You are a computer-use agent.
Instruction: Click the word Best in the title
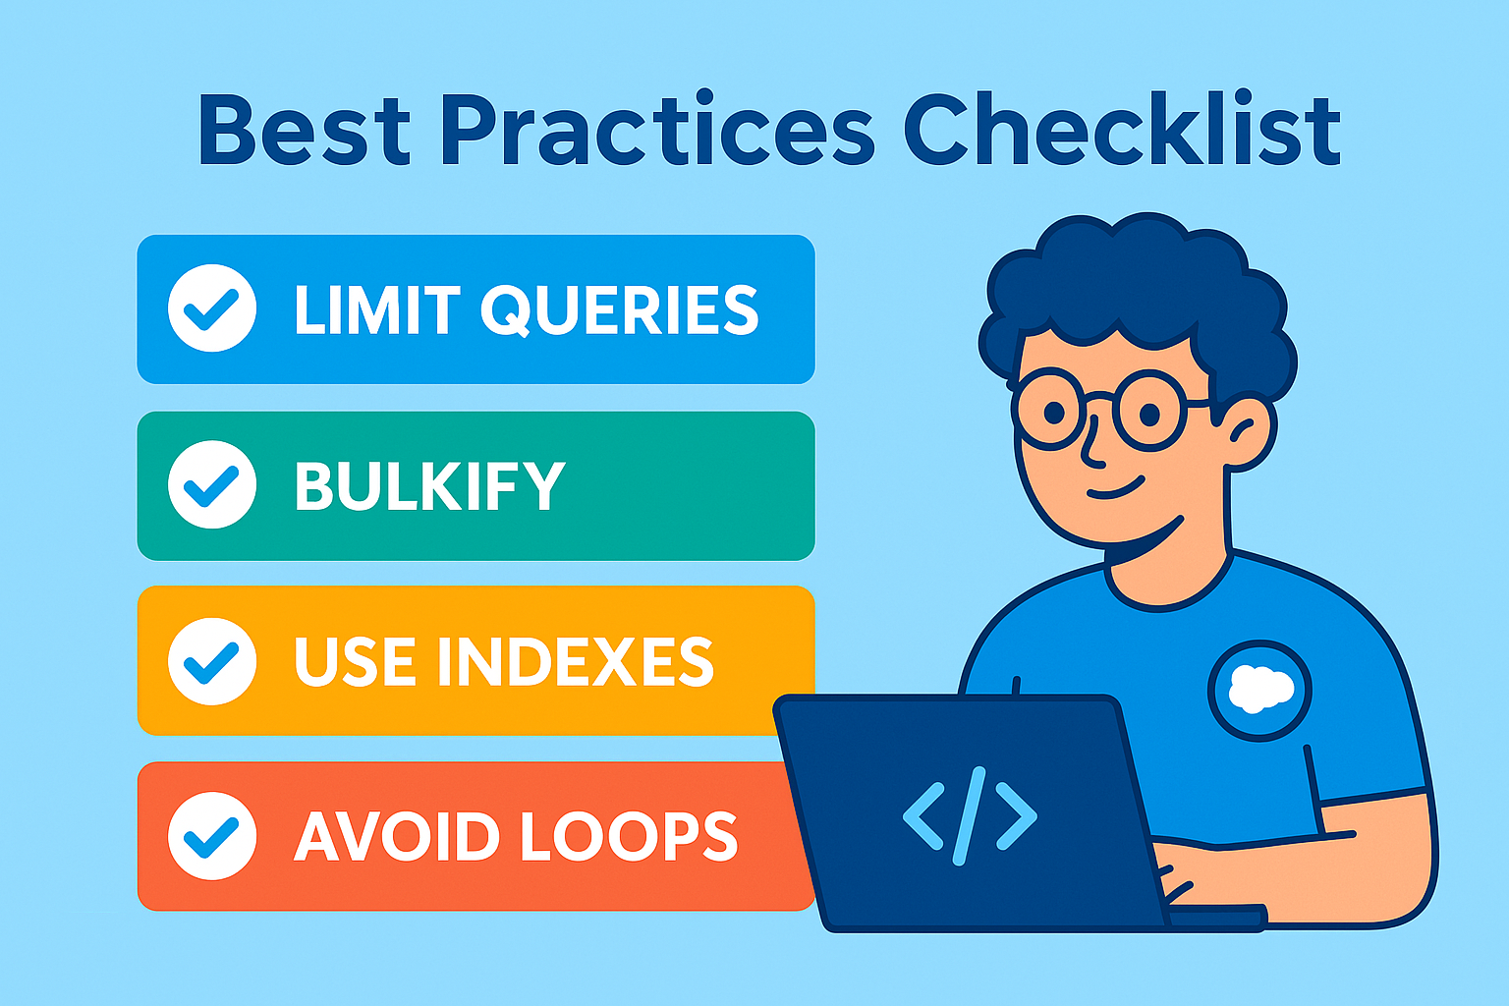pos(305,130)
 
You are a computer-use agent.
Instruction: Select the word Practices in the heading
pos(657,128)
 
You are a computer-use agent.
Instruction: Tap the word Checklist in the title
pos(1122,128)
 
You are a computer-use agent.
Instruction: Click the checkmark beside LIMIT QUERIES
pos(212,308)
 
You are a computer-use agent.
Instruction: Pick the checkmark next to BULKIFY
pos(212,484)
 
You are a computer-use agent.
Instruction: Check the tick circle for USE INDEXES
pos(212,661)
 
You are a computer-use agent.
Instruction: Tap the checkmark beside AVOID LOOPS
pos(212,836)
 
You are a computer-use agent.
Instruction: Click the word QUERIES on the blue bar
pos(620,310)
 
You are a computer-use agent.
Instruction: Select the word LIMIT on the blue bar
pos(377,309)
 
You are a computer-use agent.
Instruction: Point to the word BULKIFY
pos(429,486)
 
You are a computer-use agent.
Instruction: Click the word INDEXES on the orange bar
pos(576,662)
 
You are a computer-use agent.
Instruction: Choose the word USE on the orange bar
pos(355,662)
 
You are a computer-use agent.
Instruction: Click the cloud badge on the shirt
pos(1259,691)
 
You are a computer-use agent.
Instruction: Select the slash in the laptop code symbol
pos(970,815)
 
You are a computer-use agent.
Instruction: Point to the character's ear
pos(1247,432)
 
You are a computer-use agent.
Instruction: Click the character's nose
pos(1092,441)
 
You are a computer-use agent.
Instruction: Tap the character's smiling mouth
pos(1116,489)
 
